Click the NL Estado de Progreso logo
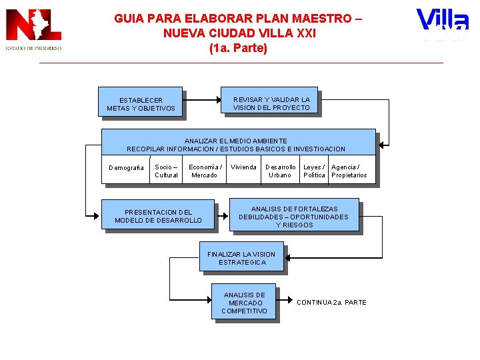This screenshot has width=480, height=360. point(33,30)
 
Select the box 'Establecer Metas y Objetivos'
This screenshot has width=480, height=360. point(141,103)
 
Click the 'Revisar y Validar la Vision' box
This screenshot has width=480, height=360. point(271,103)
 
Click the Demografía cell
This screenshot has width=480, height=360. point(125,167)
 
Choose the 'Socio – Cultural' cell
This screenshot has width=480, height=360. point(166,171)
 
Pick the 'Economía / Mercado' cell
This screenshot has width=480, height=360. point(205,171)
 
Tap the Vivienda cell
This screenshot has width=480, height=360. point(243,167)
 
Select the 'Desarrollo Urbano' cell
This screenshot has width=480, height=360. point(280,171)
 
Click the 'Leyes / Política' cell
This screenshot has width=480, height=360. point(315,171)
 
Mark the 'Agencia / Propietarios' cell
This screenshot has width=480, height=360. point(349,171)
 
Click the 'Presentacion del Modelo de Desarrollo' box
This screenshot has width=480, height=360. point(158,216)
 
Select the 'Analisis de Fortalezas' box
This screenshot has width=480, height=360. point(293,217)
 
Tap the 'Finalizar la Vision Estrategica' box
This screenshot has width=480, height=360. point(241,258)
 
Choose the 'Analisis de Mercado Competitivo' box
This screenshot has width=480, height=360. point(244,303)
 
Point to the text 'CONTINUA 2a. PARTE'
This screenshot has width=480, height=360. point(331,303)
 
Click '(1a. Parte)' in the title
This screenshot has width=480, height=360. point(238,48)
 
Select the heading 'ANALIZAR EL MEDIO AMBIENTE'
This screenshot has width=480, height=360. point(236,141)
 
